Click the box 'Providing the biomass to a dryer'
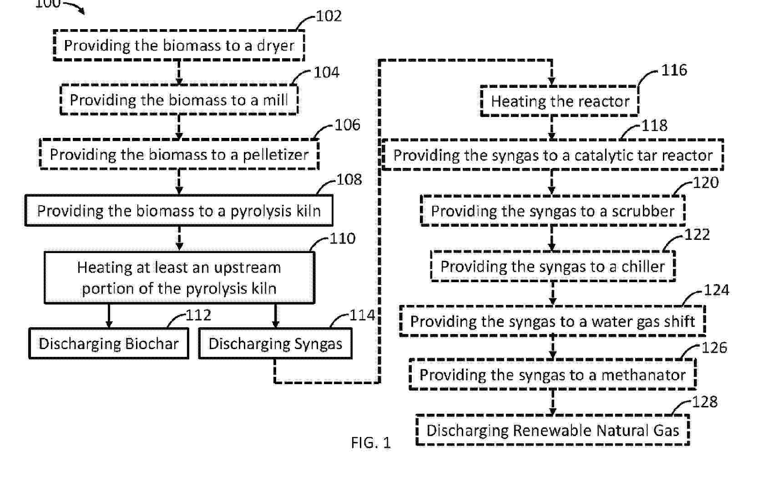coord(179,46)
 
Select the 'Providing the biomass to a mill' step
coord(179,100)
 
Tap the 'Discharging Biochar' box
coord(109,344)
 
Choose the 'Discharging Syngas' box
coord(275,344)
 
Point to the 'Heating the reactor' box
coord(560,101)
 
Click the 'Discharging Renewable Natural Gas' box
coord(553,430)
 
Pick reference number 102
coord(328,16)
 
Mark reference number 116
coord(674,70)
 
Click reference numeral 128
coord(705,402)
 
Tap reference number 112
coord(198,315)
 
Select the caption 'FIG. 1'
coord(371,443)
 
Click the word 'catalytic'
coord(599,156)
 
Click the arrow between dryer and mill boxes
coord(179,73)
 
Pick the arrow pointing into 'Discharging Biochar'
coord(109,316)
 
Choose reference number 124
coord(717,290)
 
